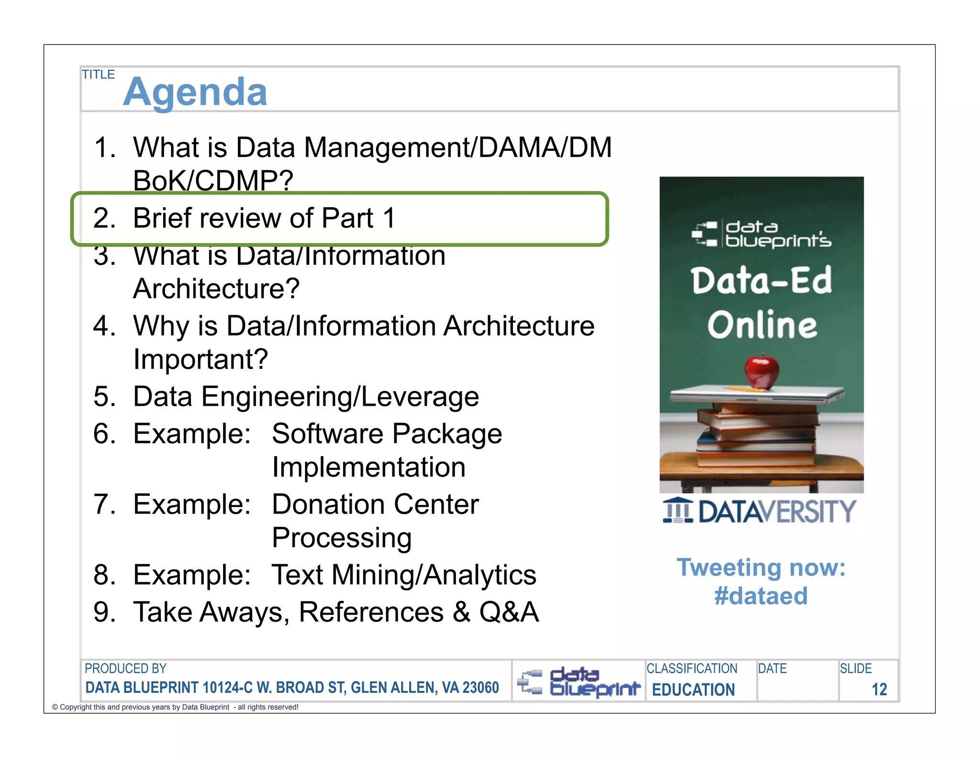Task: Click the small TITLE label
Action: coord(98,75)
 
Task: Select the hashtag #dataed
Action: coord(761,596)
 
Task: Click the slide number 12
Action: coord(879,690)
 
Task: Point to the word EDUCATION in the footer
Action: coord(693,690)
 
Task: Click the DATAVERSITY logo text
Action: coord(777,512)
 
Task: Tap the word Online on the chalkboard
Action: coord(762,325)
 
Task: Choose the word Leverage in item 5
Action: coord(420,397)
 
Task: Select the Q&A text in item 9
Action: coord(509,612)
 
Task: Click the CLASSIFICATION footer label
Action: coord(692,668)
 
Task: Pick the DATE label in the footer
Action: coord(772,668)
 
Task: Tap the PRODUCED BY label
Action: coord(125,668)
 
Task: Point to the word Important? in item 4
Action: coord(200,359)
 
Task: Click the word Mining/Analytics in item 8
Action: coord(434,575)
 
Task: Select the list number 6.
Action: coord(103,434)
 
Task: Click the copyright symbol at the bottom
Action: coord(55,707)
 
